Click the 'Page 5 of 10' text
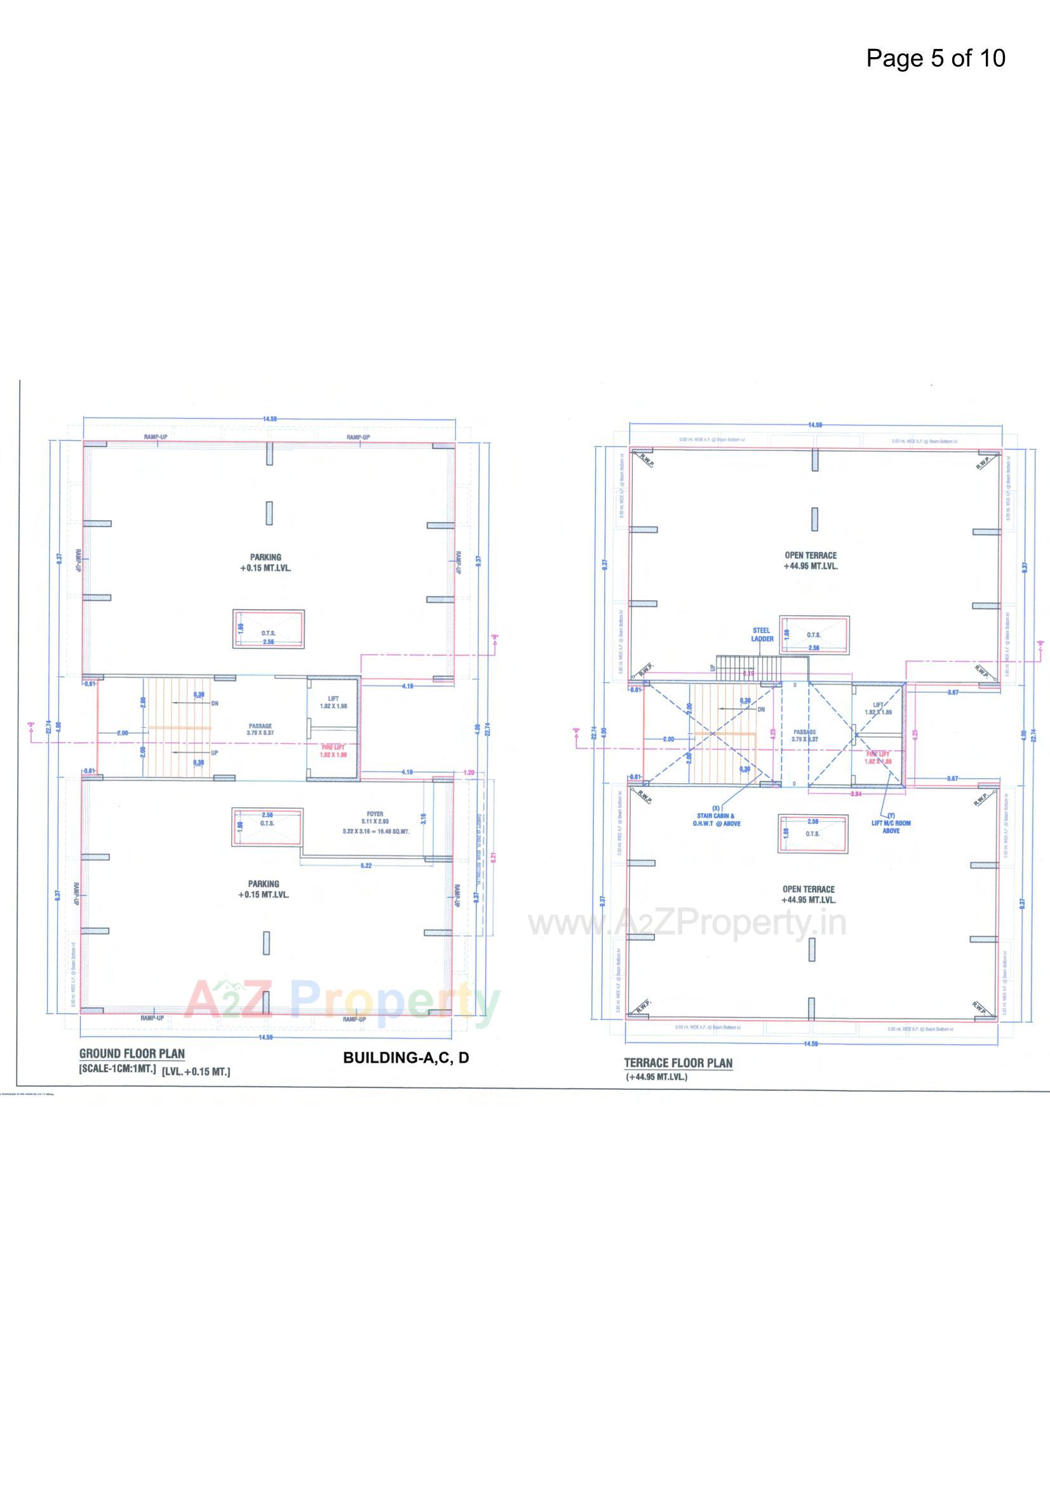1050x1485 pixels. tap(936, 58)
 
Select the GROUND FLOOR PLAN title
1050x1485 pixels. tap(132, 1054)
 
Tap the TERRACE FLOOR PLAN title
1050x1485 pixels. tap(678, 1063)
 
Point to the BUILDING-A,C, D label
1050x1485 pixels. tap(406, 1058)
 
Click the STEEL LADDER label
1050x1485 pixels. tap(762, 635)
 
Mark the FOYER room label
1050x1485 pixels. tap(375, 814)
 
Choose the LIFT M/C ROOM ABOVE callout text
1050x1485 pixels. tap(891, 826)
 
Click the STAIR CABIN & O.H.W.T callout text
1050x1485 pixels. tap(716, 819)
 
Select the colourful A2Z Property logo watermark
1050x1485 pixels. tap(342, 1003)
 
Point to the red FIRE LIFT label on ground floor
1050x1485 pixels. tap(333, 747)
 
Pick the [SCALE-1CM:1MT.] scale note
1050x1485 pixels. tap(117, 1068)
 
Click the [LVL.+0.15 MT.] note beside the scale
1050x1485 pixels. tap(196, 1072)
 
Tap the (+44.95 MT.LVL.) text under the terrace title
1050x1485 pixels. tap(656, 1077)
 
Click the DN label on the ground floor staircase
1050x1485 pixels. tap(215, 703)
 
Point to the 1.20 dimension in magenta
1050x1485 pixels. tap(469, 772)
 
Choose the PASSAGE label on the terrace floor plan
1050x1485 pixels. tap(804, 732)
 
